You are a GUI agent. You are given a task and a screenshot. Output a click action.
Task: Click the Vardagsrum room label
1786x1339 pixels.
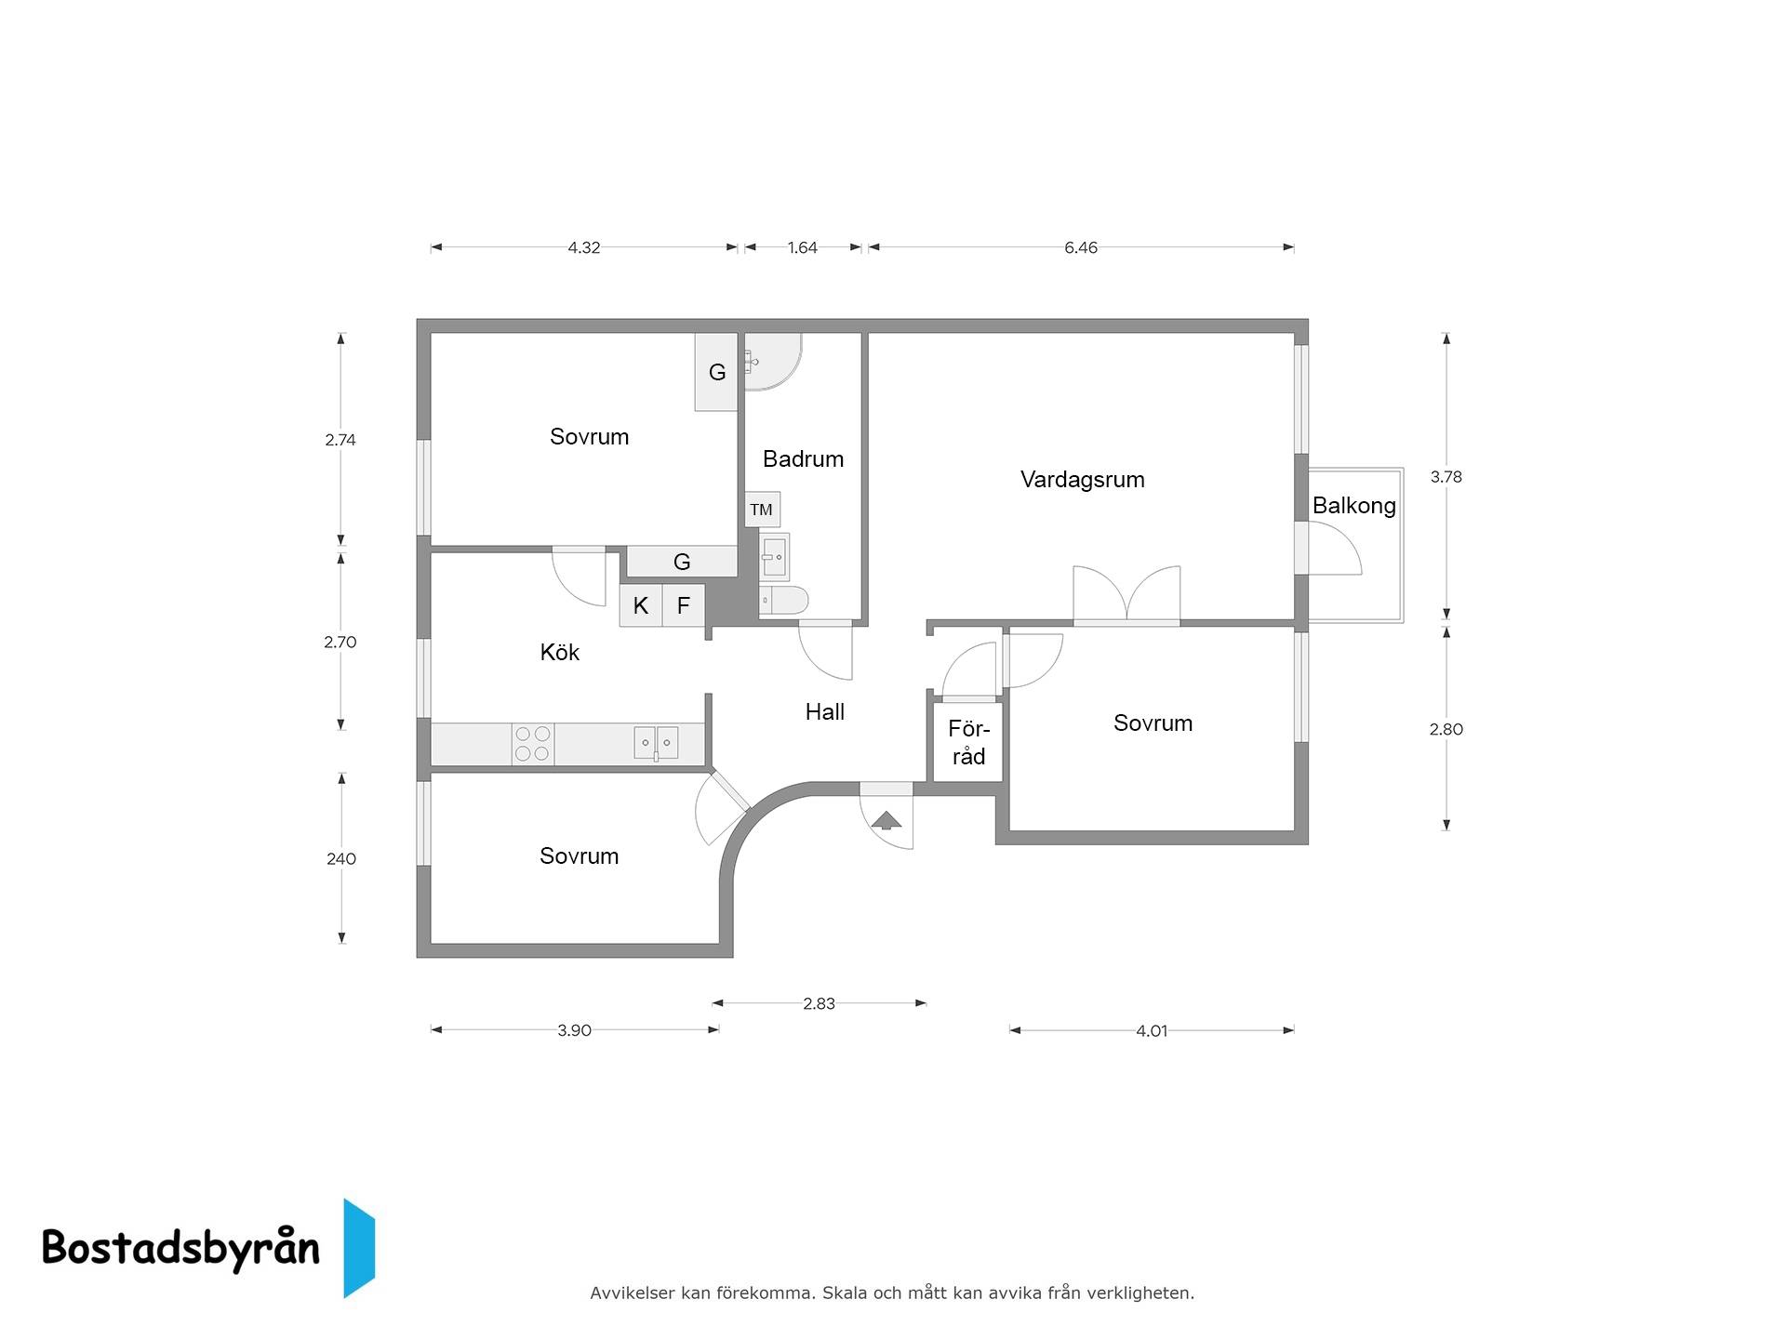1082,480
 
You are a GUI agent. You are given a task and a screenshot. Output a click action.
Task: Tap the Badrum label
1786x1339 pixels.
803,458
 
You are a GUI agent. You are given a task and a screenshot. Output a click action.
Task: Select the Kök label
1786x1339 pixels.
559,652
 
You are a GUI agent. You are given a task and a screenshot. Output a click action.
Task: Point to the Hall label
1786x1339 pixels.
824,711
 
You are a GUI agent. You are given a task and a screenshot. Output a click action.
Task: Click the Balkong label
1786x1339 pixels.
1353,506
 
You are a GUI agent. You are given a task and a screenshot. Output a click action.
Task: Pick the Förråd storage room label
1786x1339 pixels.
968,742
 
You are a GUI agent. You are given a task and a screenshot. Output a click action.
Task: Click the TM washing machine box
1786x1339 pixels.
762,510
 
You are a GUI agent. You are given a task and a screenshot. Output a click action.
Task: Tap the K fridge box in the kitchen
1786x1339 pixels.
641,605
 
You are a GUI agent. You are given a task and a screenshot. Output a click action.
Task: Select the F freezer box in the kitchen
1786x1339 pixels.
684,605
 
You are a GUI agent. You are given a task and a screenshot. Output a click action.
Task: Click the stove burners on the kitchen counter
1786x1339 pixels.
533,744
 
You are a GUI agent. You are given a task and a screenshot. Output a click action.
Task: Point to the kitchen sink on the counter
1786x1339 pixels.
656,743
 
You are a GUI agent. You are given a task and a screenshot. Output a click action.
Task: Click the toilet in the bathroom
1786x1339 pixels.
783,601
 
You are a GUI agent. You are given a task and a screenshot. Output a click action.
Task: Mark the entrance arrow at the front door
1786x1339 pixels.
886,819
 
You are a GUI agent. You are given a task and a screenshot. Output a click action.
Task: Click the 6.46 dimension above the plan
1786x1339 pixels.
1081,247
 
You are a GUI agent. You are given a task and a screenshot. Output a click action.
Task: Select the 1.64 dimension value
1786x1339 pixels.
802,247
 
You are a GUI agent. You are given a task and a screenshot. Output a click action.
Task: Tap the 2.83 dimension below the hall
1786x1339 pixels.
819,1003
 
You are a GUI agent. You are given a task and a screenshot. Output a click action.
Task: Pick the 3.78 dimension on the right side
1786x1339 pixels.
1446,477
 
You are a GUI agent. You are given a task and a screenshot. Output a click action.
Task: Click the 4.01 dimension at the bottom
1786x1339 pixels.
1152,1030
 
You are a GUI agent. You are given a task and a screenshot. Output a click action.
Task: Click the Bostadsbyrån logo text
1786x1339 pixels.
180,1247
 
